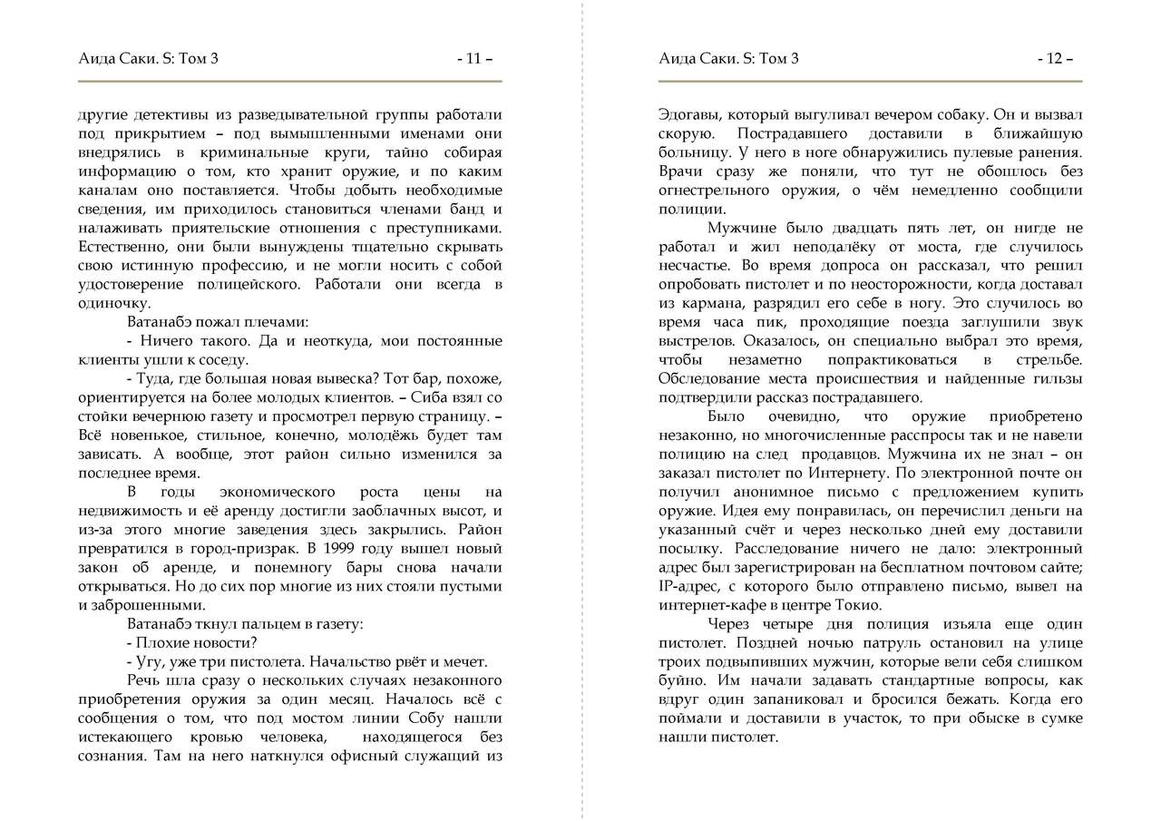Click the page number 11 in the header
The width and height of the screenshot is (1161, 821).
(474, 60)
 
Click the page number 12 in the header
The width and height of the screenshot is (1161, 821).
(1055, 60)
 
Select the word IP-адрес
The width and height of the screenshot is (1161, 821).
(688, 587)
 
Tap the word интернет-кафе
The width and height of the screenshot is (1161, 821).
(705, 606)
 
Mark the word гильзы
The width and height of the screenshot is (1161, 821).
(1055, 378)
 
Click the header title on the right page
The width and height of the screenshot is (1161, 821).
(729, 60)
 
